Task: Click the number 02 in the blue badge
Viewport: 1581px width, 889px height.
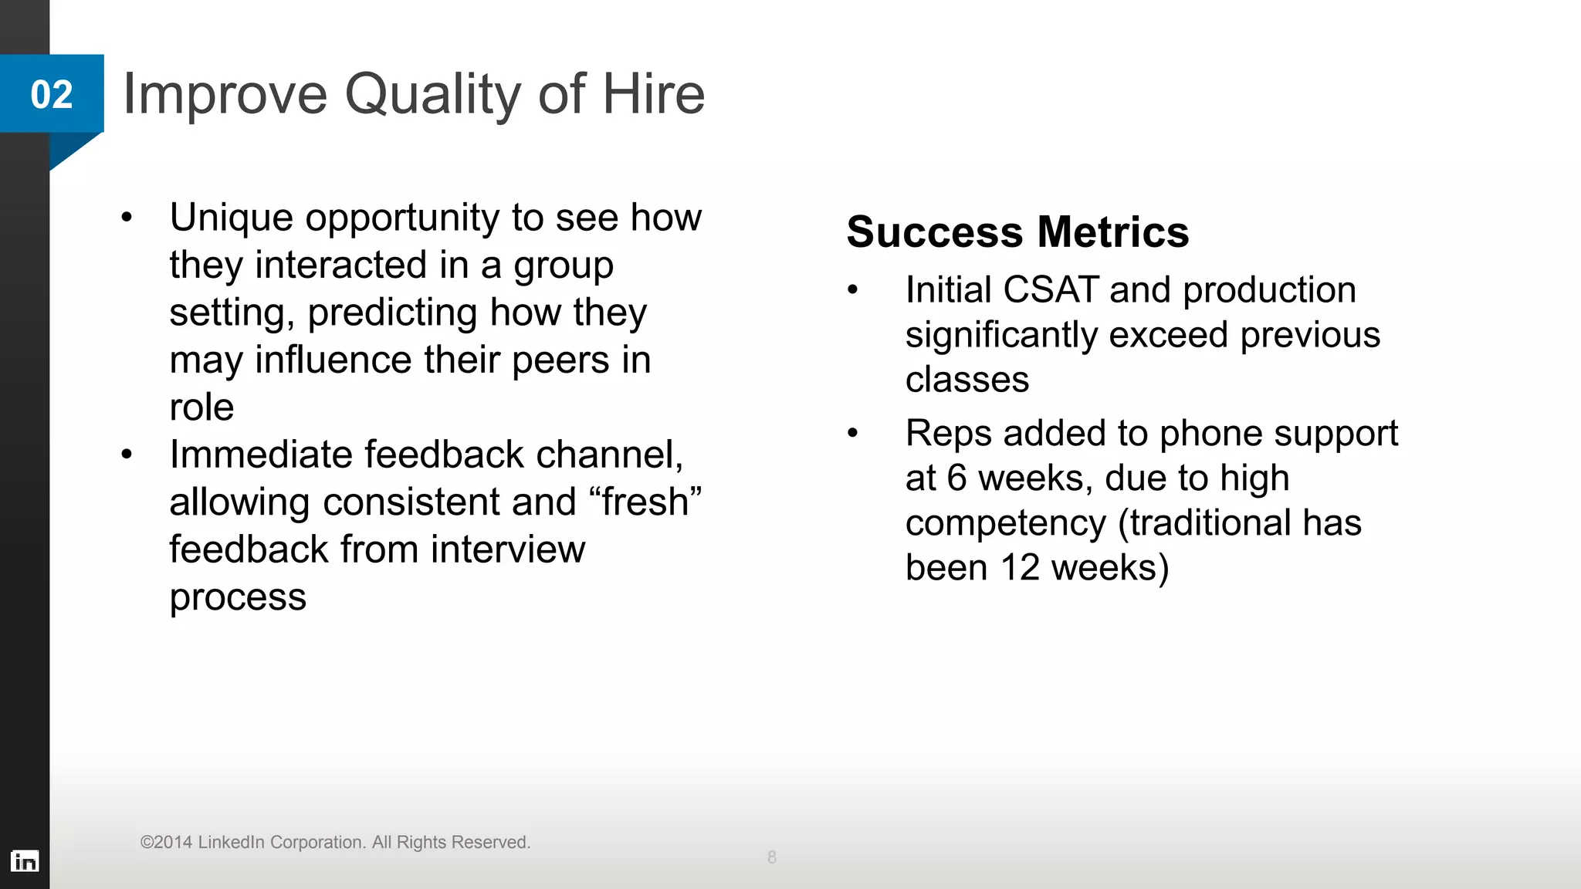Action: (52, 95)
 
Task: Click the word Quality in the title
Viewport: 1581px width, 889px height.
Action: (433, 95)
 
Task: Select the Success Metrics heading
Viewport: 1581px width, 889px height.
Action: (1017, 232)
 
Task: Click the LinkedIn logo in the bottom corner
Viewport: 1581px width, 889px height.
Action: (25, 860)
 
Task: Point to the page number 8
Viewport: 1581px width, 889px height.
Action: (771, 857)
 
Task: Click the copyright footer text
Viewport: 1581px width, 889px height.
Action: (335, 842)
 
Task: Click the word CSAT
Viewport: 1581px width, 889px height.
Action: (1050, 290)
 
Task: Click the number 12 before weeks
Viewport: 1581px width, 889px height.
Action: (1020, 568)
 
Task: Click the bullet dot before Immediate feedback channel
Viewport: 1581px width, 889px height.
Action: (127, 454)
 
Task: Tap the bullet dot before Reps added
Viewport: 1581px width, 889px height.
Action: (852, 433)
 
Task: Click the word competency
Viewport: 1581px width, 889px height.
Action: (1005, 524)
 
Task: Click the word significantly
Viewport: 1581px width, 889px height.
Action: (1001, 336)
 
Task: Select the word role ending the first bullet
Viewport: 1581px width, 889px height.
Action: (201, 407)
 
